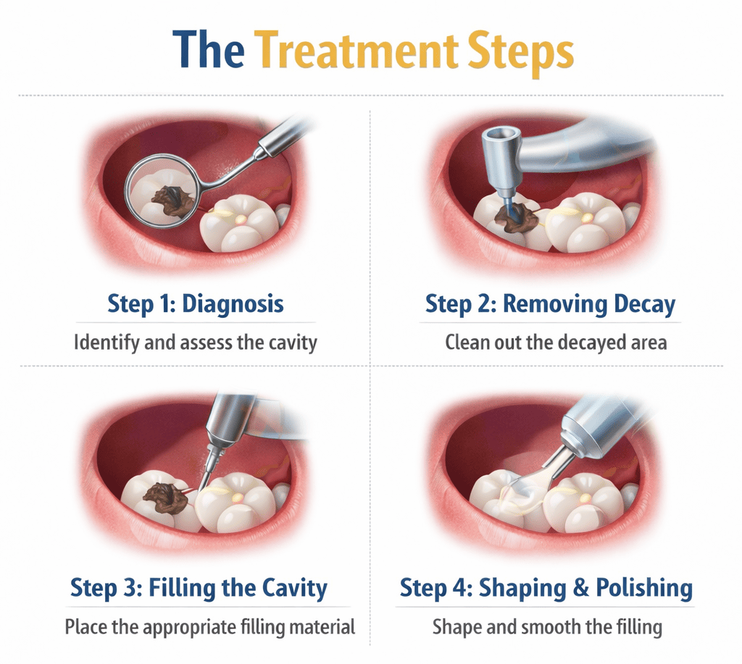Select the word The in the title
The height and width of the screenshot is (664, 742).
209,50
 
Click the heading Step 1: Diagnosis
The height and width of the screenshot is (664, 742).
195,303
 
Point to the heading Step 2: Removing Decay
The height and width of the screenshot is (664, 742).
550,303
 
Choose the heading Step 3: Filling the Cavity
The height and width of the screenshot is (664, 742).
199,587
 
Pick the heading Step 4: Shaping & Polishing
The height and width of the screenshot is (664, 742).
546,587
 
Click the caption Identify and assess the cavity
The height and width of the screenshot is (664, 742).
195,341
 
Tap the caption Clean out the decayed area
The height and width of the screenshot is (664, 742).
556,341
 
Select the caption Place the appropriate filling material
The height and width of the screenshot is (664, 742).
210,626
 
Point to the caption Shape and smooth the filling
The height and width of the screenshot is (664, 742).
547,626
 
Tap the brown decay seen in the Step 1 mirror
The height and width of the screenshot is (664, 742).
173,200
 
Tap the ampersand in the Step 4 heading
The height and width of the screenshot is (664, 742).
580,587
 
